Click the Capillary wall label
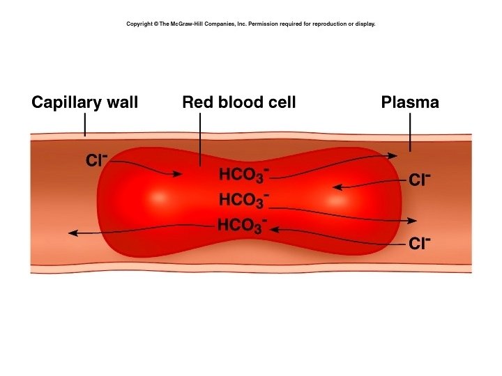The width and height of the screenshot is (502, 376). [x=84, y=103]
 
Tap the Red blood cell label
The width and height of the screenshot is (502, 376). [x=238, y=103]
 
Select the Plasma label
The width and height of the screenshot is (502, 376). [x=410, y=103]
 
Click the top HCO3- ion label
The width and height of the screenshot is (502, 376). [x=243, y=174]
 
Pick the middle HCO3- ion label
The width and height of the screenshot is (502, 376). [x=243, y=200]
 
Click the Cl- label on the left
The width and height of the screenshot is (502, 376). [x=96, y=160]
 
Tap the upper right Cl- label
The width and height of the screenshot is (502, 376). [x=420, y=180]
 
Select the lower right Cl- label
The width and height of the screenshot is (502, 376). [x=420, y=244]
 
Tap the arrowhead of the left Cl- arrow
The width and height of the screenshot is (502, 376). [x=177, y=175]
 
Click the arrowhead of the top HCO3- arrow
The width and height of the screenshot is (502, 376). [x=395, y=155]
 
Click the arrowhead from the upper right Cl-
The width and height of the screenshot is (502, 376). [x=337, y=187]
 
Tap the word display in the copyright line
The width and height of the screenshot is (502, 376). [x=365, y=24]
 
